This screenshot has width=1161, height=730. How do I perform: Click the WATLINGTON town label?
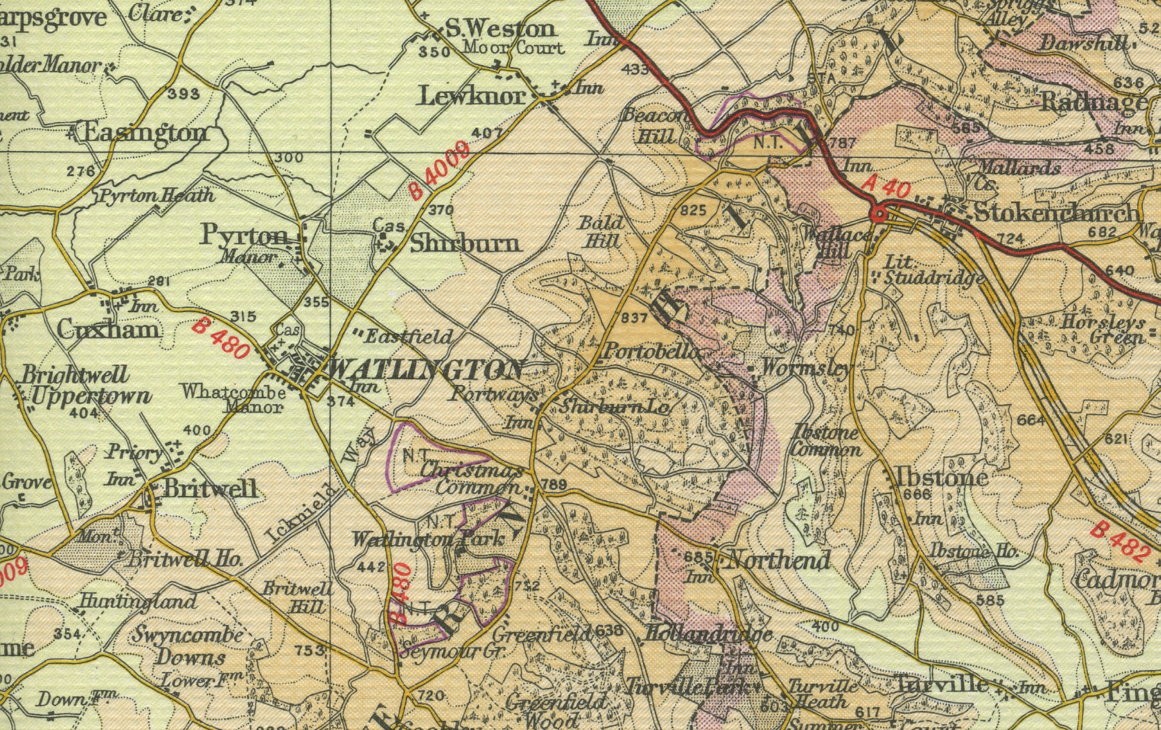coord(426,370)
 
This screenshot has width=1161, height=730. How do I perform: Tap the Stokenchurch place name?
coord(1056,213)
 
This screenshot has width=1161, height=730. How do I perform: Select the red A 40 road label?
coord(886,188)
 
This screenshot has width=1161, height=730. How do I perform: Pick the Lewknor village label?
coord(471,97)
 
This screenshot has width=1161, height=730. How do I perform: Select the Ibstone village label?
coord(942,477)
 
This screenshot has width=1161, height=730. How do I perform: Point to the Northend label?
coord(778,560)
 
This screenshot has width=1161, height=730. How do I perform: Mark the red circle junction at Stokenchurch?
coord(878,215)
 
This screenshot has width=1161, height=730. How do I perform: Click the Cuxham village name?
coord(107,330)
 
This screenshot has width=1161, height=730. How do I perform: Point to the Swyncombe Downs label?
coord(188,646)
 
